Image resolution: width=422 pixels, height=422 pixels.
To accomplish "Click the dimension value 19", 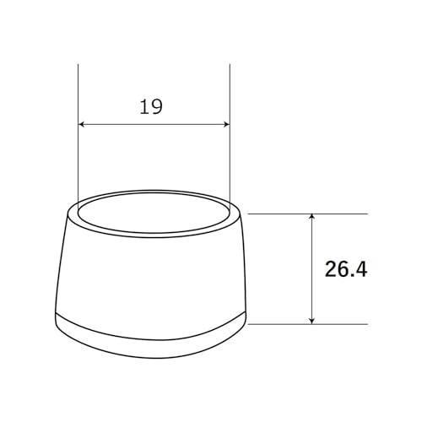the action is (151, 107).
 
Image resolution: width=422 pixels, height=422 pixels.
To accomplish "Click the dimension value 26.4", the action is (346, 269).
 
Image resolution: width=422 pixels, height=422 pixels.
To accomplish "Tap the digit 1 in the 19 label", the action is (144, 107).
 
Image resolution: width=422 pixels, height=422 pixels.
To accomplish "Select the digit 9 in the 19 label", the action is (157, 107).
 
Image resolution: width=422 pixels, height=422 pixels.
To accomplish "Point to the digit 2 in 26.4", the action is (331, 269).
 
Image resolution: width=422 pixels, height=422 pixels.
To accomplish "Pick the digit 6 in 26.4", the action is (344, 269).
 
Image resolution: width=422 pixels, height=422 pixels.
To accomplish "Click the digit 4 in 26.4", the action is (361, 269).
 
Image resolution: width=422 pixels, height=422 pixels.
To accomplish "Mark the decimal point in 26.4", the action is (352, 276).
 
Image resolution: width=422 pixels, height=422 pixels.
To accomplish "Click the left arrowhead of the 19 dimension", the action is (82, 124).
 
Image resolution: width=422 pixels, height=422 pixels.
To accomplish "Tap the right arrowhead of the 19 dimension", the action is (227, 124).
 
